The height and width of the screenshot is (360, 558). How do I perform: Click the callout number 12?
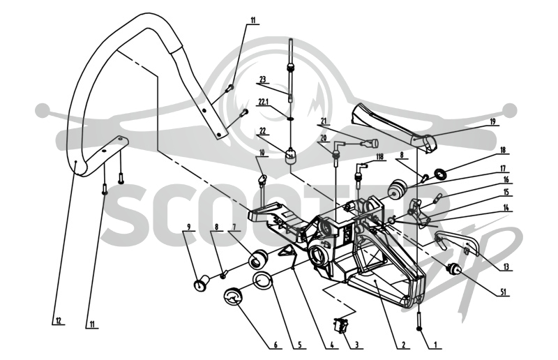coord(59,321)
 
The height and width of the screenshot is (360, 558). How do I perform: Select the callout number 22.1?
coord(264,102)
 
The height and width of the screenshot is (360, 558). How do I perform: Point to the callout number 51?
coord(503,292)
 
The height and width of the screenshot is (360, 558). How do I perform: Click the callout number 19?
coord(492,122)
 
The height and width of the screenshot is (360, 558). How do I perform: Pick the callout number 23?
coord(263,80)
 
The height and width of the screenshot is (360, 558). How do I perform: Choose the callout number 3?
coord(356,345)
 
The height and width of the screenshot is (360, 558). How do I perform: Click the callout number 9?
coord(188,227)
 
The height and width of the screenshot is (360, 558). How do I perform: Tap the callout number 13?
coord(506,267)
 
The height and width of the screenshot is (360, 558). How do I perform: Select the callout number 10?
coord(262,153)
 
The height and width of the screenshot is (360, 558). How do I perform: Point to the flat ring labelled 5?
coord(263,280)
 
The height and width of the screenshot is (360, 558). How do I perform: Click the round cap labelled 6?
coord(232,297)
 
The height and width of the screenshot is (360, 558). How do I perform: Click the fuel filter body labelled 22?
coord(291,156)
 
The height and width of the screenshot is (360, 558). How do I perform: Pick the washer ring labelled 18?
coord(442,174)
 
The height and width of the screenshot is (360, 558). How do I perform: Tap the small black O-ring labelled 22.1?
coord(290,119)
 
